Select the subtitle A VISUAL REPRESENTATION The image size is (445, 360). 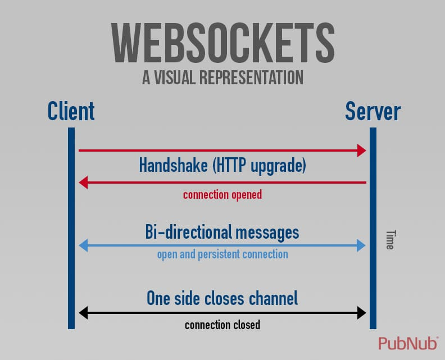222,78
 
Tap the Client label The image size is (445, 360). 71,111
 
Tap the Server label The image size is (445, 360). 373,111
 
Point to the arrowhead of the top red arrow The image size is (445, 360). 362,150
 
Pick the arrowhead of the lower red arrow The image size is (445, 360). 83,182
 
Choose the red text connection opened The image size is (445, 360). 222,195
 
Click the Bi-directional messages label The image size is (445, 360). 222,231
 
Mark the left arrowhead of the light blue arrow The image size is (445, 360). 83,245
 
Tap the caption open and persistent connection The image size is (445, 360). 222,254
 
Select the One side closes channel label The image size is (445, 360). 222,298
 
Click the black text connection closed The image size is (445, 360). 222,325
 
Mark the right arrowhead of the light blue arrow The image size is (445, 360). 362,245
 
